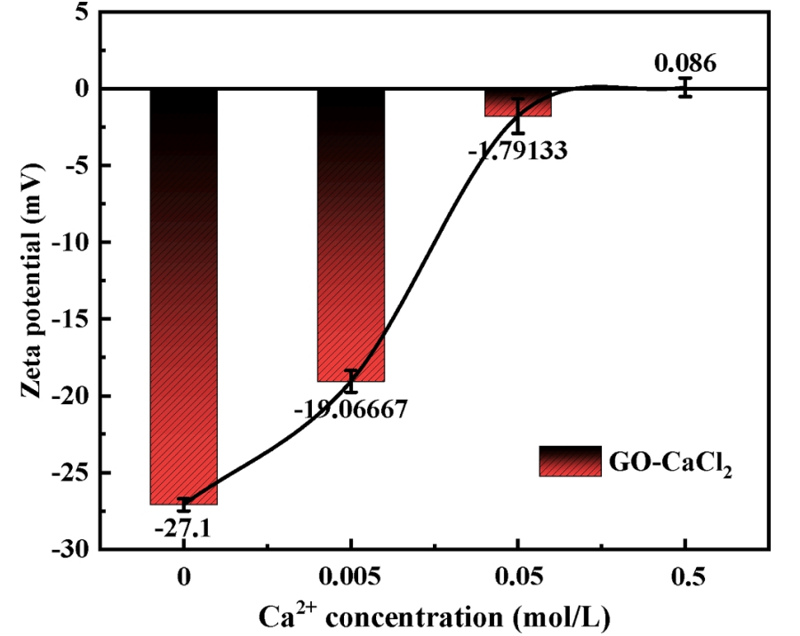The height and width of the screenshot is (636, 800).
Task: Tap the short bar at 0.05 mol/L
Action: point(517,103)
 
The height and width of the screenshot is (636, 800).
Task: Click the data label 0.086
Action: point(684,64)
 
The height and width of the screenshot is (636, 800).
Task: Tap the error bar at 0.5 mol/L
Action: point(684,87)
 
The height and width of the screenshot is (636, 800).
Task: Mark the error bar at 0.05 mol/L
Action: point(517,115)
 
